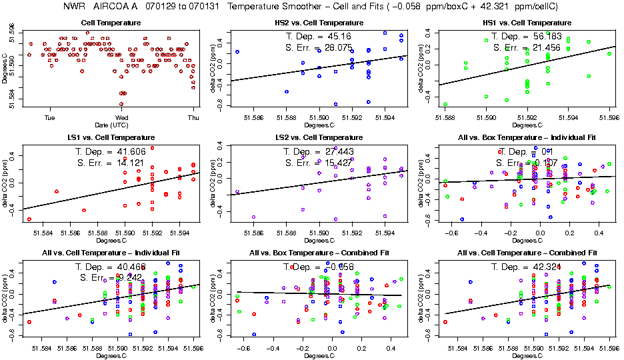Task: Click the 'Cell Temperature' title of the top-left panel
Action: (111, 23)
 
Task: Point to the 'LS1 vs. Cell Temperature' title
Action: (111, 137)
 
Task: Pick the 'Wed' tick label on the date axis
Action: (121, 117)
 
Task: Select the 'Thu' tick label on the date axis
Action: (193, 117)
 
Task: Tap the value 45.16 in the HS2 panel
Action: (337, 36)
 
